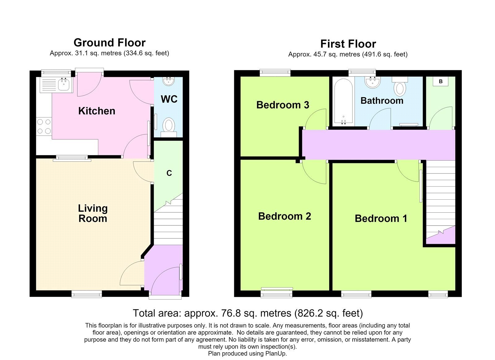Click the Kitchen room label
click(97, 111)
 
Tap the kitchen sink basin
click(64, 85)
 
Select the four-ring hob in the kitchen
click(44, 126)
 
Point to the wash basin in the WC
click(168, 81)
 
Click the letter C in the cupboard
click(169, 173)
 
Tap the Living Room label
click(93, 213)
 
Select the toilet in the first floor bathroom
click(400, 86)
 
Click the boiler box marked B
click(441, 81)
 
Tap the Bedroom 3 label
click(283, 105)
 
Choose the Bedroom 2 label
click(285, 216)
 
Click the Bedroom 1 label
click(381, 219)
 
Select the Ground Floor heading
click(110, 43)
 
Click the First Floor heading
click(348, 44)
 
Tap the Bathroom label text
click(382, 101)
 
